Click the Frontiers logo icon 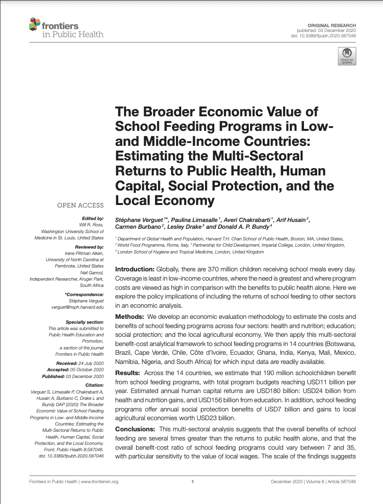(x=34, y=24)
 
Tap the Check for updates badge (x=347, y=56)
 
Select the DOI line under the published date (x=330, y=36)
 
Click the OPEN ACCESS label (x=80, y=205)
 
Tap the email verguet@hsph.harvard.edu (x=78, y=307)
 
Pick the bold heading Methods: (x=129, y=316)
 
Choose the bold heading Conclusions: (x=135, y=429)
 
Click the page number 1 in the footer (x=192, y=482)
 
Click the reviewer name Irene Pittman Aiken (x=84, y=253)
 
